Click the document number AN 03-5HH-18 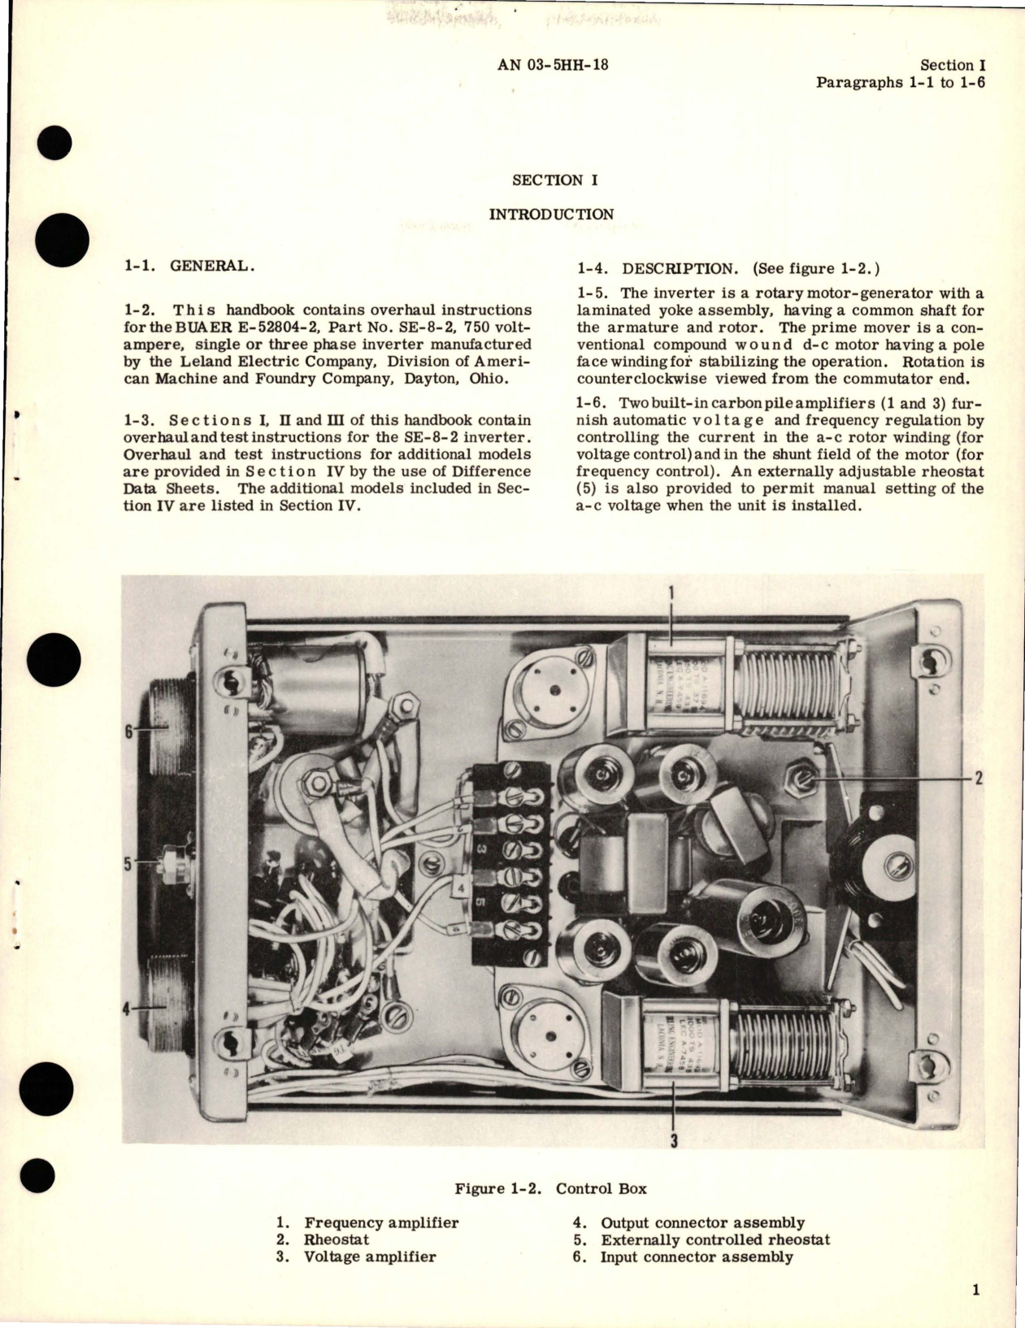click(552, 66)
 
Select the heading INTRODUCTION click(551, 215)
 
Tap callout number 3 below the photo click(674, 1142)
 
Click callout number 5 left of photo click(127, 864)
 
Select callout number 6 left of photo click(127, 732)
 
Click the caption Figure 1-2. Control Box click(551, 1189)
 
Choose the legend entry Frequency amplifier click(380, 1222)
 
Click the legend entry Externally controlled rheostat click(715, 1239)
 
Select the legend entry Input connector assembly click(696, 1256)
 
